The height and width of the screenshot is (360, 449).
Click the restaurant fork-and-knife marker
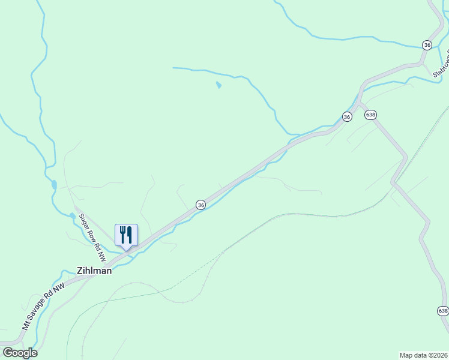point(126,235)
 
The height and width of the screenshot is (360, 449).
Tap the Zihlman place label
point(94,271)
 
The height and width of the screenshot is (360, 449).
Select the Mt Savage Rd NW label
point(43,308)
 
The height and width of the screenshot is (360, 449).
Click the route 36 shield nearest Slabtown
point(427,45)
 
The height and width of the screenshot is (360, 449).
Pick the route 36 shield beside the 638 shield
point(347,117)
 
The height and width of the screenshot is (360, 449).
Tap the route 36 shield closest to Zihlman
point(201,205)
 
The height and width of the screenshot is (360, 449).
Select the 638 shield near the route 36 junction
point(370,114)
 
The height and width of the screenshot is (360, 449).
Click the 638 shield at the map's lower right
point(443,310)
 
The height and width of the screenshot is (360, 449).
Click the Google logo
point(20,353)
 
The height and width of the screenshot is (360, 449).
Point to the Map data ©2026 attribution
point(423,355)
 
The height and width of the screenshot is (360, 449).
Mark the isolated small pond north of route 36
point(218,85)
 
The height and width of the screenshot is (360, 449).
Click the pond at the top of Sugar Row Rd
point(73,215)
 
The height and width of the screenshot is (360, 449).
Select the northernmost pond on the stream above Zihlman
point(54,185)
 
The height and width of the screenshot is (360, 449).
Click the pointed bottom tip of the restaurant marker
point(126,250)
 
